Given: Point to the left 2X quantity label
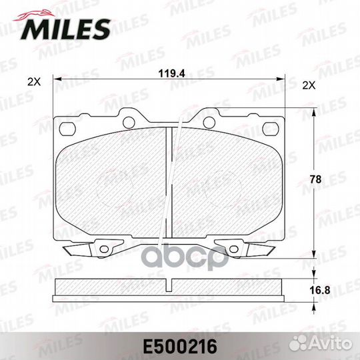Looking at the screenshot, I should pyautogui.click(x=33, y=83).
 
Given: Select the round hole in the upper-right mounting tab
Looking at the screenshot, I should pyautogui.click(x=209, y=121).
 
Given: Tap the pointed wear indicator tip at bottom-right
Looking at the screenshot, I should pyautogui.click(x=274, y=252).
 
